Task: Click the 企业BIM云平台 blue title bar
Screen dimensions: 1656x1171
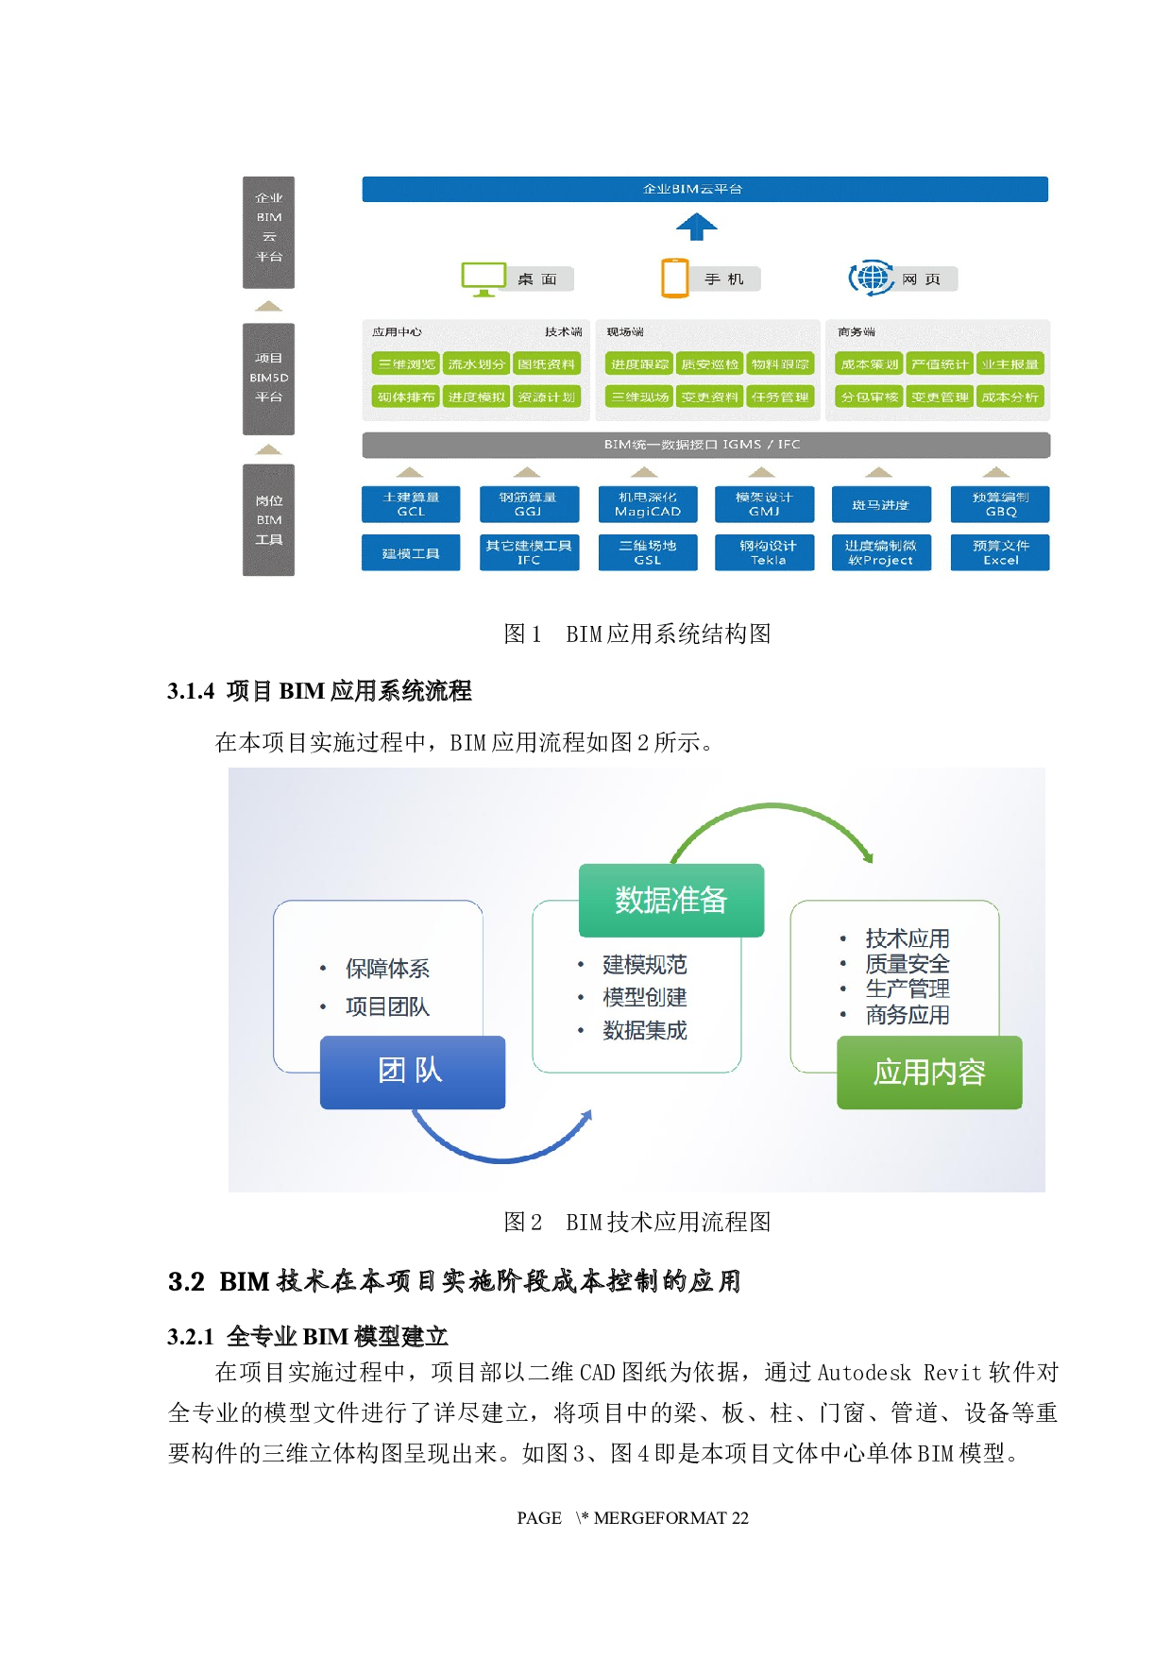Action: point(704,189)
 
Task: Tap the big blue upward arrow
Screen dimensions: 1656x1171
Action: point(697,227)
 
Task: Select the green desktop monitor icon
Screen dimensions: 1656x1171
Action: point(484,279)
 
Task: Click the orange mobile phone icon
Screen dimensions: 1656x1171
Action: point(675,278)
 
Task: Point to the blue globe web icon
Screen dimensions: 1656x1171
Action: point(872,278)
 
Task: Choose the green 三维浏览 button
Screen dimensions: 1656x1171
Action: point(406,364)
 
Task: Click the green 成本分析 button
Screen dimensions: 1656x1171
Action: point(1010,397)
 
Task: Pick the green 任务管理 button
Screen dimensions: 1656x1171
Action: point(780,397)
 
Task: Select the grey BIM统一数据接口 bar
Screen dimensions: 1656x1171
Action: point(705,445)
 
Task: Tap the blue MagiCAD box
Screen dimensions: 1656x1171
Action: point(648,504)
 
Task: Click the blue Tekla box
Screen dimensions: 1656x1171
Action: point(768,552)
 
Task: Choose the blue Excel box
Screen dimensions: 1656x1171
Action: point(1000,552)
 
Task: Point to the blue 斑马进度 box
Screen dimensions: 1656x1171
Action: point(881,504)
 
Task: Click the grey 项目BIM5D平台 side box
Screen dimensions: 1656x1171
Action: point(269,379)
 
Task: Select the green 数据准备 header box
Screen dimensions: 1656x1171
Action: point(671,900)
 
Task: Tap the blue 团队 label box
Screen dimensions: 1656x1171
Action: point(413,1072)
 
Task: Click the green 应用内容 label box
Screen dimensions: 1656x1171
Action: point(929,1073)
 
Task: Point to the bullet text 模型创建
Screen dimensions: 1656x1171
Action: point(645,997)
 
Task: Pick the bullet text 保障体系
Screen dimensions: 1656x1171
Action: point(387,968)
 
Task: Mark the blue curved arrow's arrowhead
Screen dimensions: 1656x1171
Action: point(586,1116)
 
